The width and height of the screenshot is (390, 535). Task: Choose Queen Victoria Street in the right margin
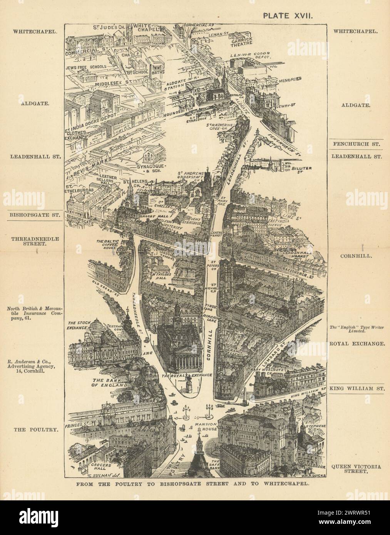click(x=356, y=468)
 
